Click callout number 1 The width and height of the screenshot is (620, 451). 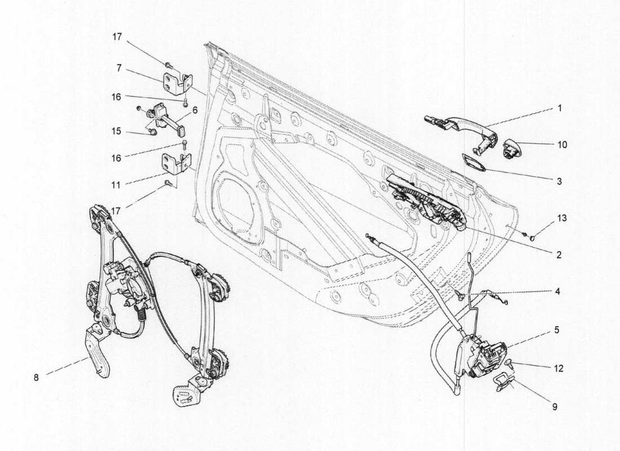point(559,107)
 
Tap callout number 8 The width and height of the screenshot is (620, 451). point(37,378)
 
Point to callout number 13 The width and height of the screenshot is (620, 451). point(561,218)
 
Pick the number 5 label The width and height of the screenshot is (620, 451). point(556,330)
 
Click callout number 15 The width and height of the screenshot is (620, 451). point(116,131)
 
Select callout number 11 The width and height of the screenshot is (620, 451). point(116,184)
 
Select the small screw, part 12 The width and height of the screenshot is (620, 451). point(509,363)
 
